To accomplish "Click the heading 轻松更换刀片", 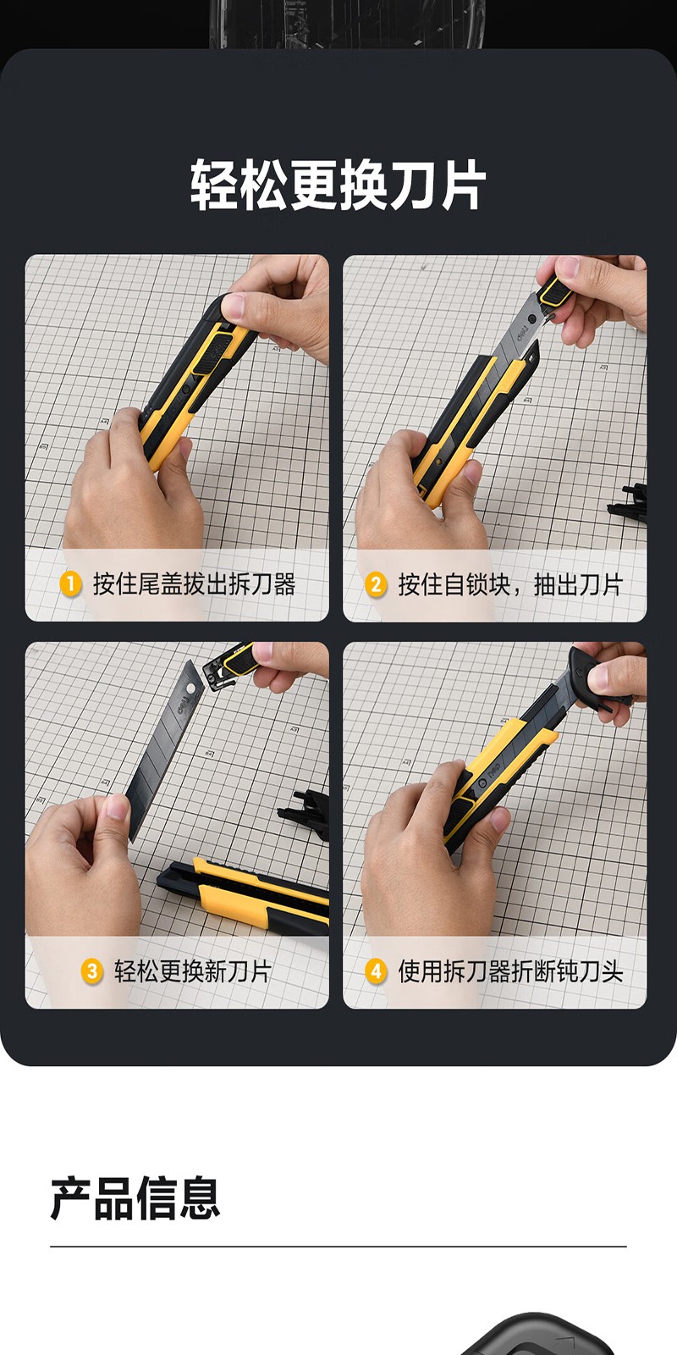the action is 338,185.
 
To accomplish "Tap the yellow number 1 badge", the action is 71,584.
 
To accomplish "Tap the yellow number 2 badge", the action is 376,585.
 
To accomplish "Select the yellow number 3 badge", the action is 92,971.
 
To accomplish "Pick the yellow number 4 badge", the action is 376,971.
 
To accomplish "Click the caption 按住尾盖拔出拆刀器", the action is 194,584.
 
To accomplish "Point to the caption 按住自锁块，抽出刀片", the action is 510,585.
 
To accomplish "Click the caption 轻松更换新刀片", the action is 193,971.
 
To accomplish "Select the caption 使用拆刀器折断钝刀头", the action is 510,971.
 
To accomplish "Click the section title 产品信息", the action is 135,1197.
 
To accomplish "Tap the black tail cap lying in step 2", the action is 629,502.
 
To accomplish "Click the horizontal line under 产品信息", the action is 338,1247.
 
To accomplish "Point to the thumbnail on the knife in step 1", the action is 237,306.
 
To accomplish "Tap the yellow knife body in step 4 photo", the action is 496,774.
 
